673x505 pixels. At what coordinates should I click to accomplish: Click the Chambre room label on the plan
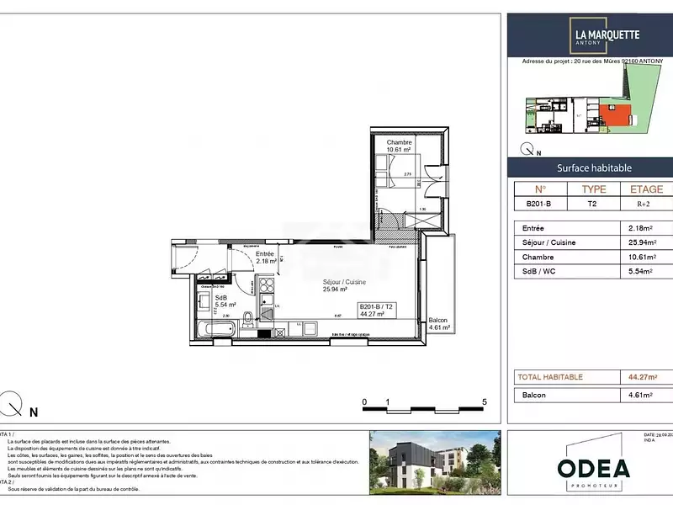point(400,143)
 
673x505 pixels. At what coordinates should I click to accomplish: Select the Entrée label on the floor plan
point(266,253)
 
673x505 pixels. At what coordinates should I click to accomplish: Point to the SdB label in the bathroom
point(221,298)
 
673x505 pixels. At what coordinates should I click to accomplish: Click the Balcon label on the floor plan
point(437,321)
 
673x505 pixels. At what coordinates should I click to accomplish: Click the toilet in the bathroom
point(249,320)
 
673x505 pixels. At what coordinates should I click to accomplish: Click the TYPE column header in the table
point(594,189)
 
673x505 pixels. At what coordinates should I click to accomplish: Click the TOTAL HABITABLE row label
point(550,377)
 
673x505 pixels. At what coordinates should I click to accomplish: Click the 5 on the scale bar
point(485,402)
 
